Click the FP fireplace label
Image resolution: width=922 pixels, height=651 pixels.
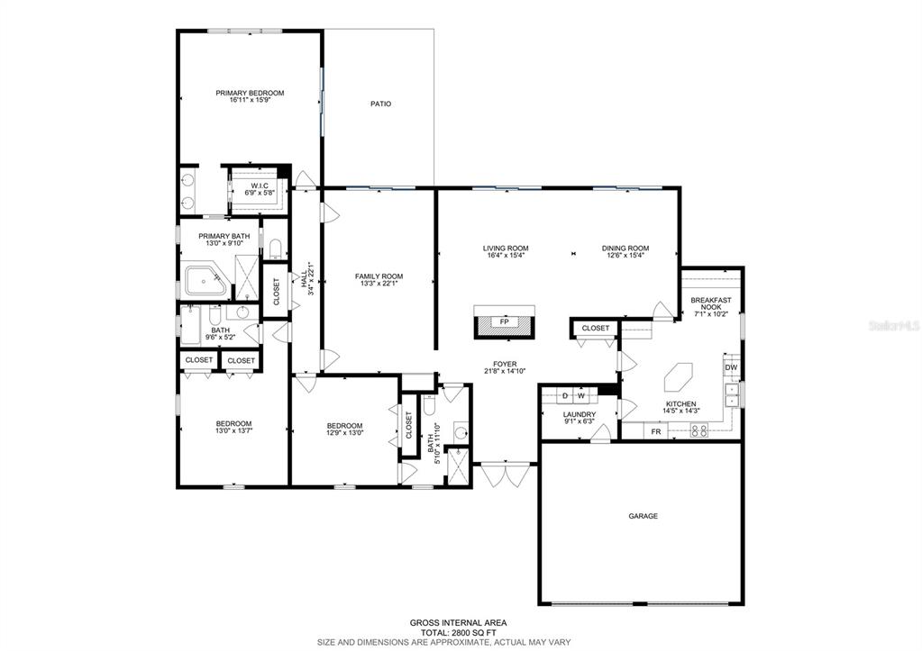click(x=504, y=322)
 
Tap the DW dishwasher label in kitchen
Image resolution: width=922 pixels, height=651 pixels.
click(x=731, y=367)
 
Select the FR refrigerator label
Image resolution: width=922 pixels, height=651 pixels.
click(x=656, y=432)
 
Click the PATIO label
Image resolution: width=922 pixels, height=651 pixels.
click(x=380, y=104)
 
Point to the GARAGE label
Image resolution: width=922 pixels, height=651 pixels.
click(x=644, y=516)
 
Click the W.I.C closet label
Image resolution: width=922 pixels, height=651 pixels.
click(x=260, y=185)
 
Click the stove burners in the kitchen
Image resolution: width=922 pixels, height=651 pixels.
click(x=699, y=432)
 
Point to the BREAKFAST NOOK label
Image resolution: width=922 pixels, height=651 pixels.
click(x=711, y=303)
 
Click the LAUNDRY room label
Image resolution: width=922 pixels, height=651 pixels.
click(x=580, y=415)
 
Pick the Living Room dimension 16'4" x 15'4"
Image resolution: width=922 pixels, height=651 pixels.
click(x=506, y=255)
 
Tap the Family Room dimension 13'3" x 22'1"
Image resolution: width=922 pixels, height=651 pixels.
click(x=379, y=284)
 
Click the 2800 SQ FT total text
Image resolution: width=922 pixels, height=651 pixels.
click(x=474, y=633)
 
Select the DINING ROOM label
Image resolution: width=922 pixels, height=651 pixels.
click(x=625, y=249)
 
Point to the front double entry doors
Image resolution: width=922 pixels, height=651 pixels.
click(x=505, y=475)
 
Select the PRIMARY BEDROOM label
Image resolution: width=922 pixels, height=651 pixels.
click(x=250, y=93)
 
